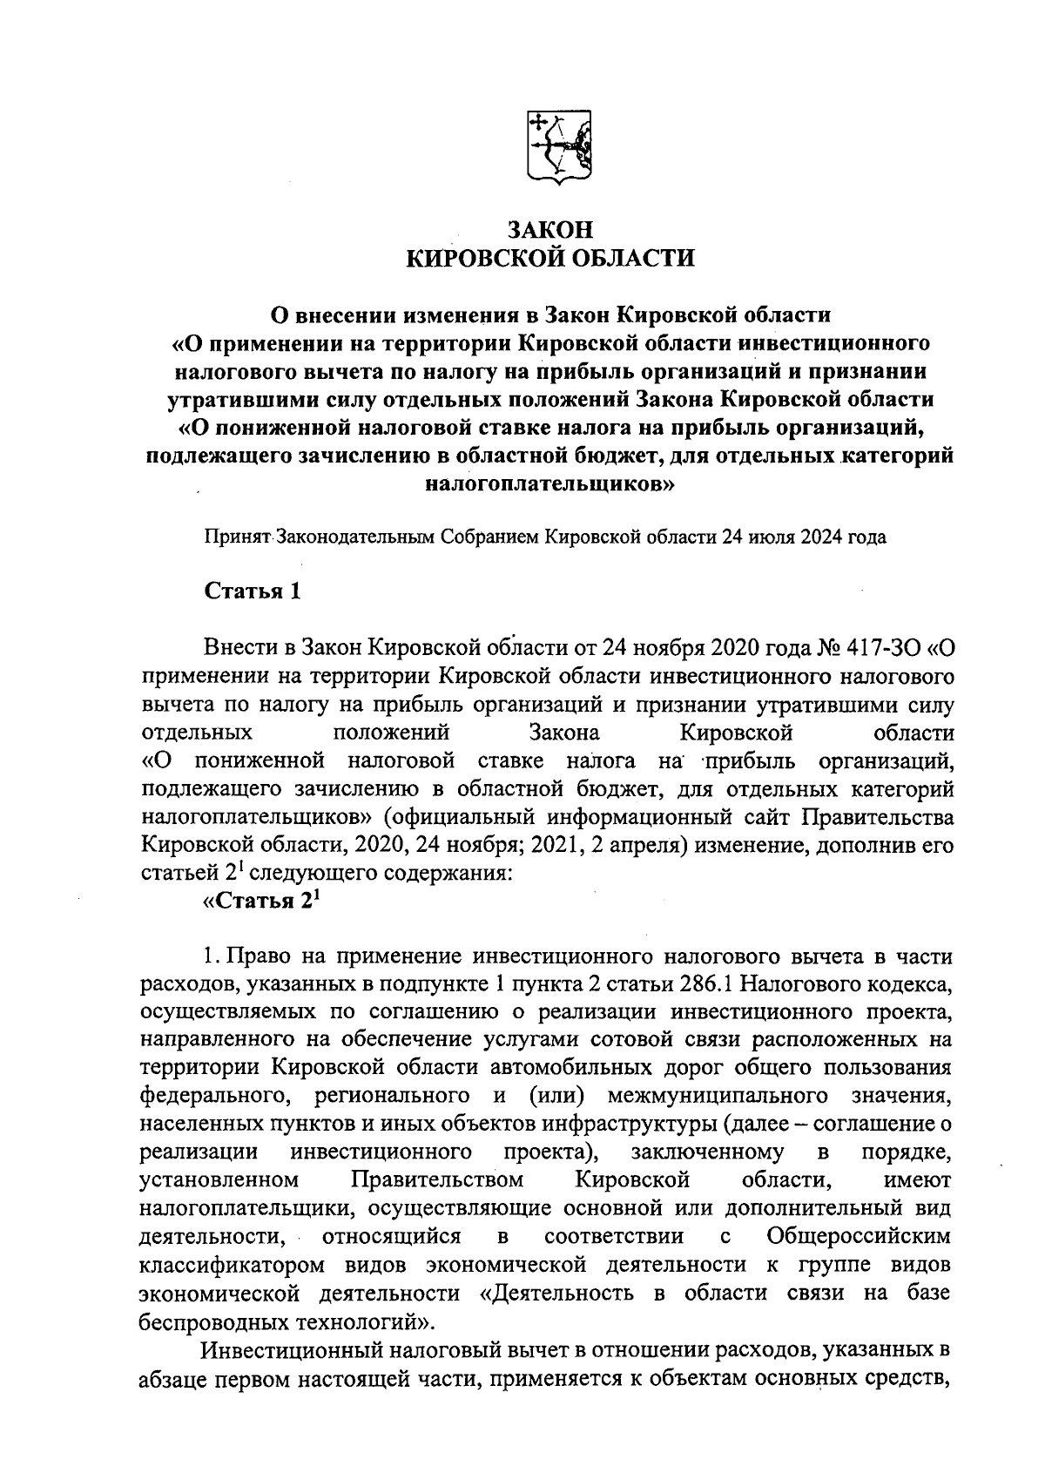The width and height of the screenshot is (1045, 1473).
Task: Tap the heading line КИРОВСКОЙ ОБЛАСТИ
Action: click(550, 259)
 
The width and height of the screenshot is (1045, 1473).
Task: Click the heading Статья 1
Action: click(252, 591)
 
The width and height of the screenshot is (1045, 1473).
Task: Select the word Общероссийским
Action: click(860, 1236)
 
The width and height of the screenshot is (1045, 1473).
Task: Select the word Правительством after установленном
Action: click(437, 1179)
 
